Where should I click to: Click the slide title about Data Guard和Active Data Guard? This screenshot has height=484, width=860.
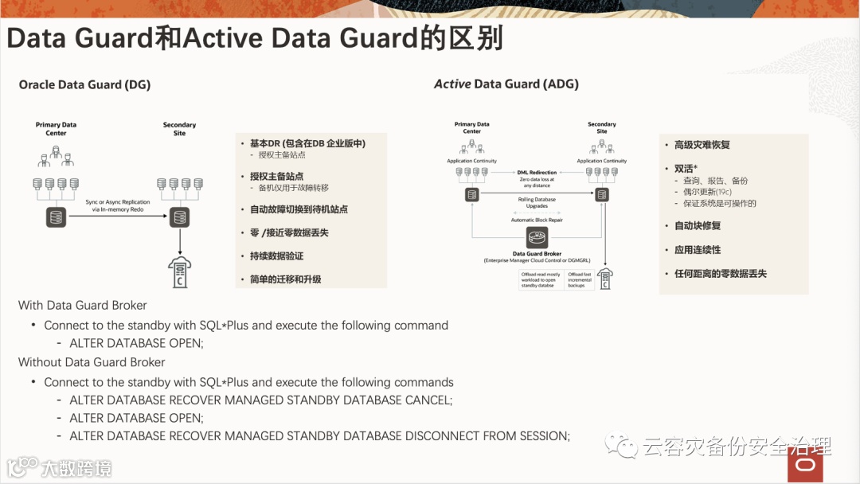[x=255, y=38]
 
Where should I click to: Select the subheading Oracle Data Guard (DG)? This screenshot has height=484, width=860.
[x=84, y=84]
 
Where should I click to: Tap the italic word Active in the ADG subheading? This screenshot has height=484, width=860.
[x=451, y=84]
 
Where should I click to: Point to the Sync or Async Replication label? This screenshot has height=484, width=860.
[x=118, y=206]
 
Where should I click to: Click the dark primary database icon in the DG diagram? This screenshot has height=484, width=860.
[x=56, y=217]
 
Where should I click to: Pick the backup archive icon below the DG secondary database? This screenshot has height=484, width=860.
[x=180, y=273]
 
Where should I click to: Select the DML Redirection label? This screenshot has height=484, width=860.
[x=537, y=172]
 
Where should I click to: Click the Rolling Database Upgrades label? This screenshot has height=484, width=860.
[x=537, y=202]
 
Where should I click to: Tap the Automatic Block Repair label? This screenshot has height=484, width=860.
[x=537, y=220]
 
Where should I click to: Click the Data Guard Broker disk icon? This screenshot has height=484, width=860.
[x=537, y=238]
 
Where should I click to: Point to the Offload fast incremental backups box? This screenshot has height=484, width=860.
[x=580, y=279]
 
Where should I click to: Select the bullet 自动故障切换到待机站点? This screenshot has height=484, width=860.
[x=299, y=209]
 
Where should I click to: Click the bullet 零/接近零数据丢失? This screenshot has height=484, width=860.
[x=289, y=232]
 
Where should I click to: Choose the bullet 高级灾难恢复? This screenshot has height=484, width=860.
[x=702, y=145]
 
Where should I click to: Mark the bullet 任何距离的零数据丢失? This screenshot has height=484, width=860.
[x=720, y=273]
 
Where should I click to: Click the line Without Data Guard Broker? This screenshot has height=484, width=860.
[x=92, y=362]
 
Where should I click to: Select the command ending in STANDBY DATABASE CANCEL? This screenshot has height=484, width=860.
[x=260, y=400]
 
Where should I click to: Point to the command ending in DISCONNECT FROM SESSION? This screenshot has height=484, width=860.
[x=319, y=436]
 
